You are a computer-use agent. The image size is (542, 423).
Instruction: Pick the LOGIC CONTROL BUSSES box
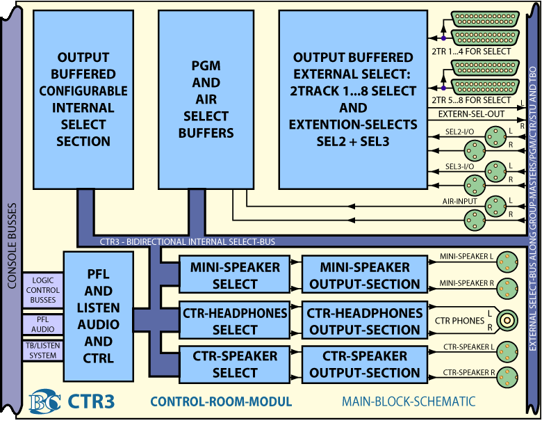tap(42, 289)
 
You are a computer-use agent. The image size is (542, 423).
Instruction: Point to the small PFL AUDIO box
tap(42, 324)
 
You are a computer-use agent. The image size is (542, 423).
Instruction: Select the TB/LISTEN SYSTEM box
tap(42, 351)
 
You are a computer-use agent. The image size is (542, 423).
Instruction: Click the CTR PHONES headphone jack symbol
tap(511, 321)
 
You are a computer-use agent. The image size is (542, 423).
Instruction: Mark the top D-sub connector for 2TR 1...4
tap(485, 20)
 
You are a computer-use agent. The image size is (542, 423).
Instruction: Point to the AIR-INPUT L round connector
tap(495, 204)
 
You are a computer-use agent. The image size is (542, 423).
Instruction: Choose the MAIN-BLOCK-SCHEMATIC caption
tap(409, 401)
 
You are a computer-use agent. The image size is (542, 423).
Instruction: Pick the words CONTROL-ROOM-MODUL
tap(221, 401)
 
